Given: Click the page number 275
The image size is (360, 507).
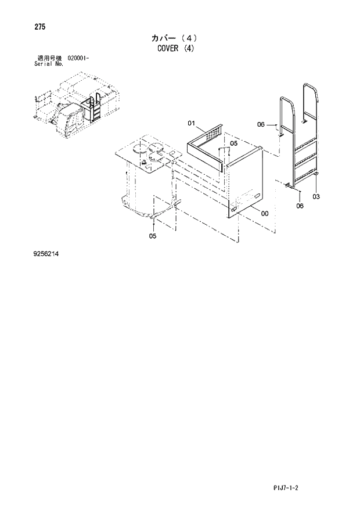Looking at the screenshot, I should [41, 27].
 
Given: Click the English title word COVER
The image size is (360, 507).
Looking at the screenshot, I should [168, 49].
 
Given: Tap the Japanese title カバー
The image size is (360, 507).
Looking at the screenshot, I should [165, 38].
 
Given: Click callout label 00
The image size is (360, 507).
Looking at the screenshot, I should [264, 213].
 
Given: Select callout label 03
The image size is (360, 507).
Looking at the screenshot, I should [316, 197].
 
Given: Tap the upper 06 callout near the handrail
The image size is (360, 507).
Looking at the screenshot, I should [261, 124].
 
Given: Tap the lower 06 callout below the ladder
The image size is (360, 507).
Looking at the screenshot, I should [300, 206].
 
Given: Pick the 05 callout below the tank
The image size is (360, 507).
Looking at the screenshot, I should [152, 236].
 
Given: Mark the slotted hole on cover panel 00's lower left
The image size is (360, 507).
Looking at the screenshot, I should [233, 208].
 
